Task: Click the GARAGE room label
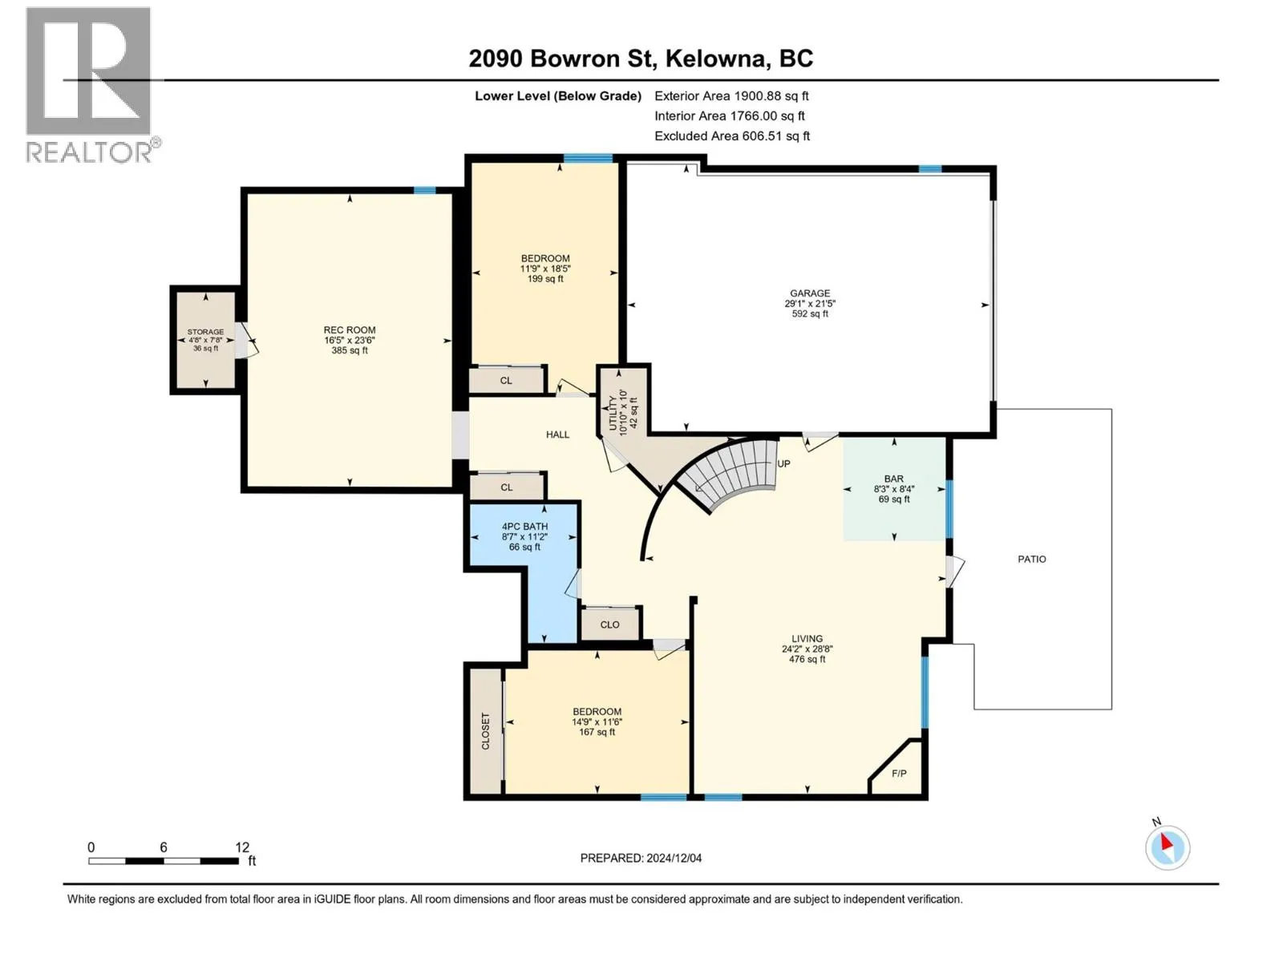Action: click(x=810, y=293)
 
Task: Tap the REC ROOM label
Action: click(x=350, y=330)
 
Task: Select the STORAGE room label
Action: click(x=206, y=332)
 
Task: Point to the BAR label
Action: click(x=894, y=479)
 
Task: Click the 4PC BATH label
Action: click(x=524, y=526)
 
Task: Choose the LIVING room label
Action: click(x=807, y=639)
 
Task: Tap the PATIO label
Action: click(x=1032, y=559)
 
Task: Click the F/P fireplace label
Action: click(x=899, y=774)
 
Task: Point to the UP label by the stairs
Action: click(x=783, y=464)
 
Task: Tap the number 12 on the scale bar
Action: click(x=242, y=847)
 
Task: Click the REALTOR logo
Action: click(x=91, y=85)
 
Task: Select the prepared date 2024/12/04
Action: click(x=674, y=858)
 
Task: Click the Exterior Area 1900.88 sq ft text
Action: click(x=731, y=95)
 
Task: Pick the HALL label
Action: click(x=557, y=435)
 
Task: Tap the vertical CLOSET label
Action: click(x=485, y=730)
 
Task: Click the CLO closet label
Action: click(x=609, y=624)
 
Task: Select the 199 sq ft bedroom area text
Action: click(x=545, y=279)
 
